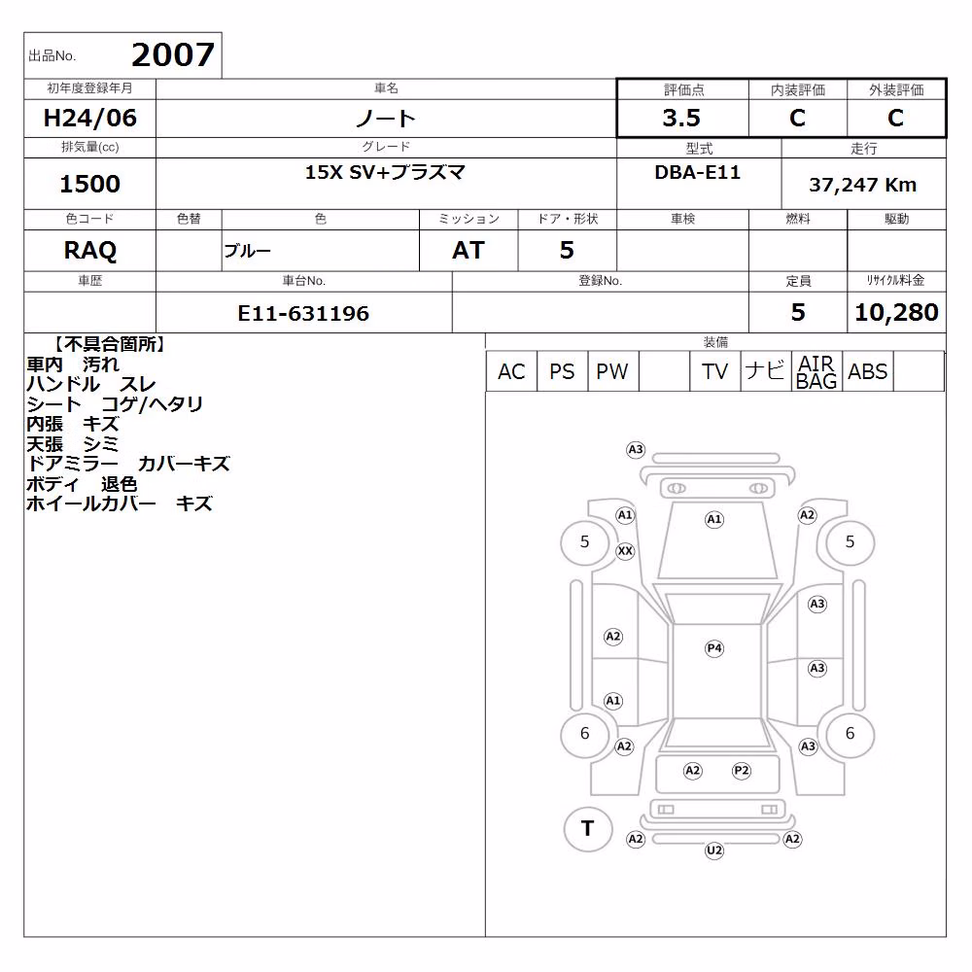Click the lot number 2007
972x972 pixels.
(x=173, y=54)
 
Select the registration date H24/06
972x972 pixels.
(x=89, y=118)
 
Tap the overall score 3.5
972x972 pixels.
(x=681, y=118)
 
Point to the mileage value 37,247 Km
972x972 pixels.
(x=862, y=185)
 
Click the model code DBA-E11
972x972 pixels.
(x=697, y=172)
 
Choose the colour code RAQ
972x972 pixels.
(x=89, y=251)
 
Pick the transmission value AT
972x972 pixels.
(x=469, y=251)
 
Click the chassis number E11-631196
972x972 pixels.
(x=303, y=314)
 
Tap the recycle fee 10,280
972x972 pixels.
(x=896, y=312)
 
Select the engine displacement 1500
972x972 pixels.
(x=89, y=184)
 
